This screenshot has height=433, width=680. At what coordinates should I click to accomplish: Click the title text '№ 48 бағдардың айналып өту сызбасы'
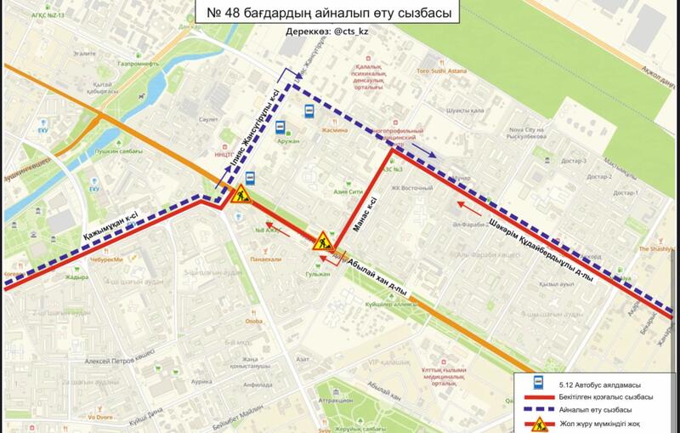pyautogui.click(x=327, y=13)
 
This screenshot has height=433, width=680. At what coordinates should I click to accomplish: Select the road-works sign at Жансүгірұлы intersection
pyautogui.click(x=239, y=195)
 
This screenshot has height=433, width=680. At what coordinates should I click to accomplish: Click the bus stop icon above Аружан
pyautogui.click(x=279, y=128)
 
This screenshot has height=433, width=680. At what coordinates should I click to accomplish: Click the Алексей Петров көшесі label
pyautogui.click(x=100, y=361)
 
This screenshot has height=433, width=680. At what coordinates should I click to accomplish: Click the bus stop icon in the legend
pyautogui.click(x=537, y=384)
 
